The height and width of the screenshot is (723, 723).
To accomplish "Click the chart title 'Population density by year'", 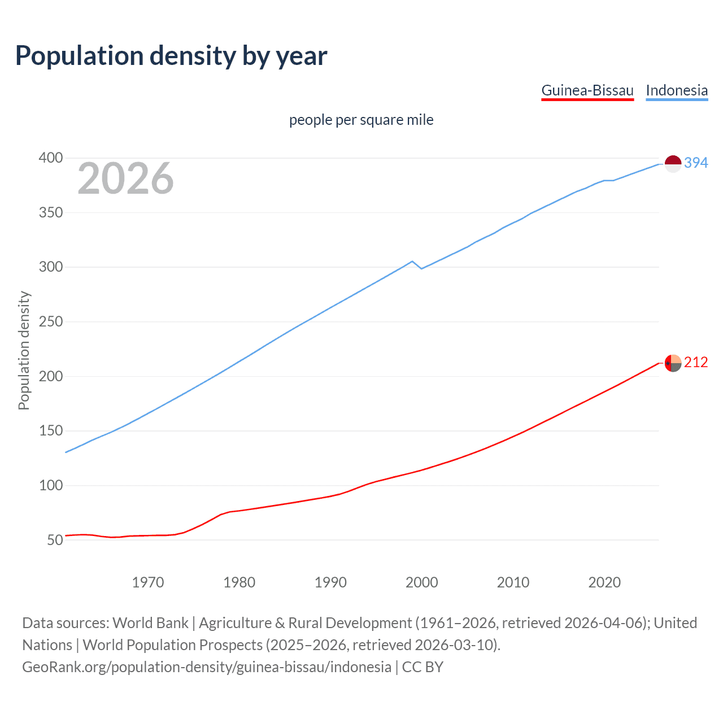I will pos(171,56).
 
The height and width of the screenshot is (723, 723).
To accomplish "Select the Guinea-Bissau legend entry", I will pos(587,90).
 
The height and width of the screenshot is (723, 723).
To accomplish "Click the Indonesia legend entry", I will pos(677,90).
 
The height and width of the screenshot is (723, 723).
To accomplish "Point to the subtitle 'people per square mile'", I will pos(361,120).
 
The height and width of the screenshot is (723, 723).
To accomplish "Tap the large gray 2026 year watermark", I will pos(125,178).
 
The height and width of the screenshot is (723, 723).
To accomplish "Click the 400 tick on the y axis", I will pos(50,158).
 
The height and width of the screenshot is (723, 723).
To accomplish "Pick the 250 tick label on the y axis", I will pos(50,321).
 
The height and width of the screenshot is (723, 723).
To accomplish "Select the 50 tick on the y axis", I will pos(55,540).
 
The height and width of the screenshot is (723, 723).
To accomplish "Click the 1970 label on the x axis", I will pos(148,582).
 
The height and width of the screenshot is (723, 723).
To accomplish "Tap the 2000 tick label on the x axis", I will pos(421,582).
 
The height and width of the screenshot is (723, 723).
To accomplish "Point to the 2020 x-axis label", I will pos(604,582).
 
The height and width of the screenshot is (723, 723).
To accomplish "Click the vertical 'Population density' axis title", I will pos(24,350).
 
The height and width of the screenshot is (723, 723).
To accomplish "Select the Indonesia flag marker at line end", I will pos(673,163).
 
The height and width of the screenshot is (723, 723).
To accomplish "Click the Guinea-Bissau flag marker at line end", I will pos(673,363).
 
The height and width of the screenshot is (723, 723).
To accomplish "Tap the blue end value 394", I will pos(696,163).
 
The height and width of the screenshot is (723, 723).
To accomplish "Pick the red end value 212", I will pos(696,362).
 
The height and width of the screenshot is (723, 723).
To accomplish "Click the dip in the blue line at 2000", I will pos(421,268).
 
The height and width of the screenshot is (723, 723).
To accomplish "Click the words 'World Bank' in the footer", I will pos(150,622).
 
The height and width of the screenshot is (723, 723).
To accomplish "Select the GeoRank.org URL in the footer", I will pos(207,667).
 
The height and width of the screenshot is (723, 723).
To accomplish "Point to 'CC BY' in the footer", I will pos(423,667).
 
